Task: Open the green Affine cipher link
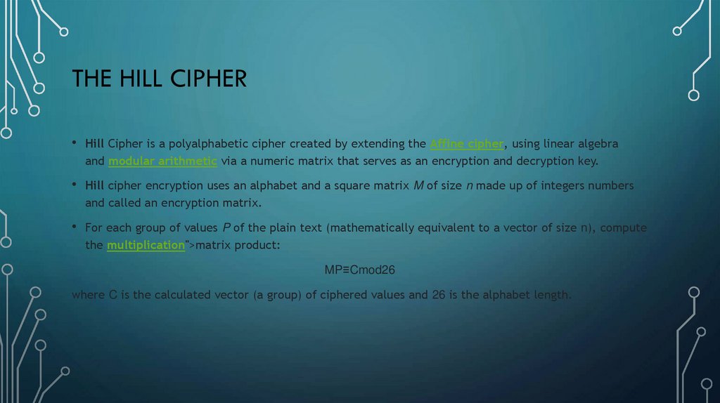[x=466, y=144]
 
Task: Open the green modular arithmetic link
[x=162, y=161]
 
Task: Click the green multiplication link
[x=145, y=245]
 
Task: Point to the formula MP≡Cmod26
[x=365, y=270]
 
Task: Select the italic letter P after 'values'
[x=226, y=228]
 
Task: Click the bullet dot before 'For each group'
[x=75, y=228]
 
